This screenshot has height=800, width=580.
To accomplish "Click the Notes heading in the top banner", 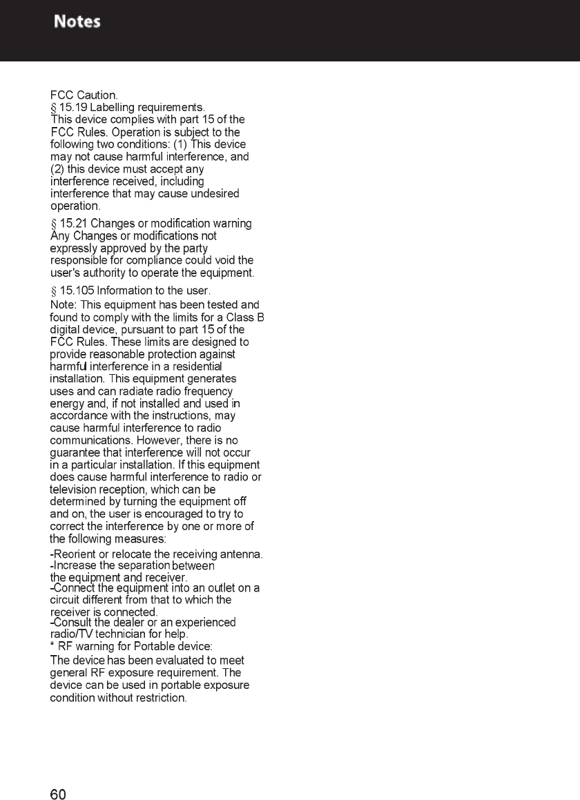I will [77, 21].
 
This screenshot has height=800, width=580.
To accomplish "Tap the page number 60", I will [58, 794].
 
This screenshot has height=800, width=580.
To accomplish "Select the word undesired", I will [212, 193].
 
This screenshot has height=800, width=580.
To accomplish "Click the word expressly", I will [71, 248].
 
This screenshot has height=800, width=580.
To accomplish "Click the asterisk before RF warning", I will [52, 645].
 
